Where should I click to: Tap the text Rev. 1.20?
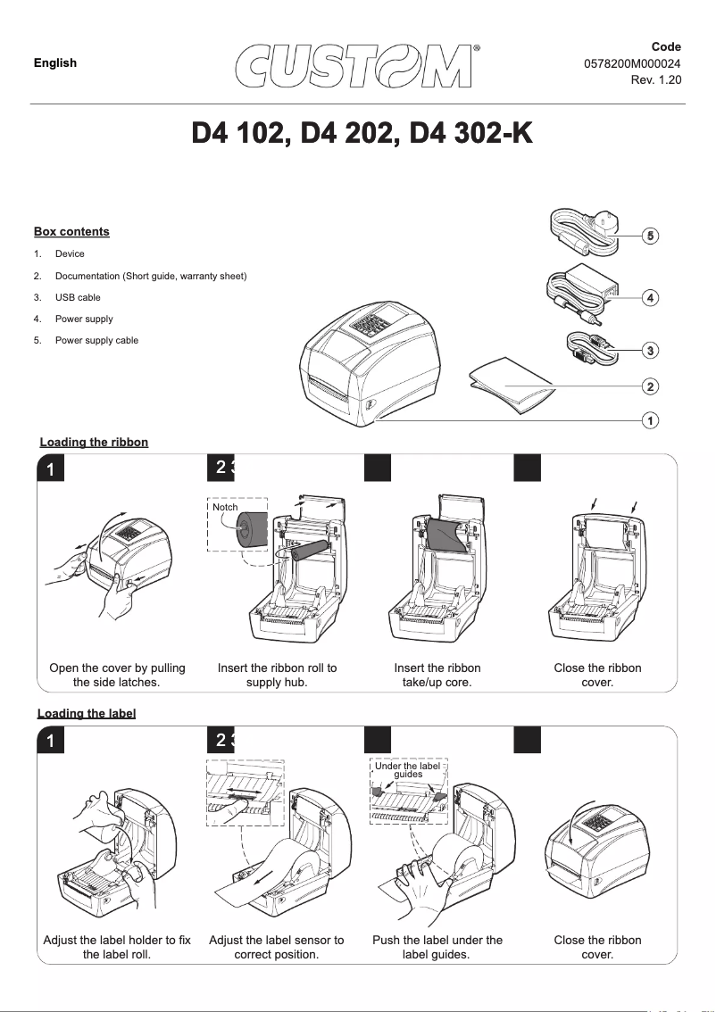point(655,79)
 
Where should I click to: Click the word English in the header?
point(55,62)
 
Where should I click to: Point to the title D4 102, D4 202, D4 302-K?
point(362,137)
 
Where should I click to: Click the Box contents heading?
point(71,232)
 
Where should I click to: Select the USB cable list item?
point(78,297)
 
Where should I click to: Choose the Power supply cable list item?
point(96,340)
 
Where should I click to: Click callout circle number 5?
point(652,236)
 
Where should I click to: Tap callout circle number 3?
point(652,351)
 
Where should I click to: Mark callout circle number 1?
point(652,419)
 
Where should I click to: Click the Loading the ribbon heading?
point(94,443)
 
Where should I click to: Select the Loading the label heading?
point(87,713)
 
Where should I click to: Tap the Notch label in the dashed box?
point(225,507)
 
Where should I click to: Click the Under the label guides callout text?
point(408,769)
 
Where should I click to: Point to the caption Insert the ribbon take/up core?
point(437,676)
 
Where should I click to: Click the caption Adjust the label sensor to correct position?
point(276,947)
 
